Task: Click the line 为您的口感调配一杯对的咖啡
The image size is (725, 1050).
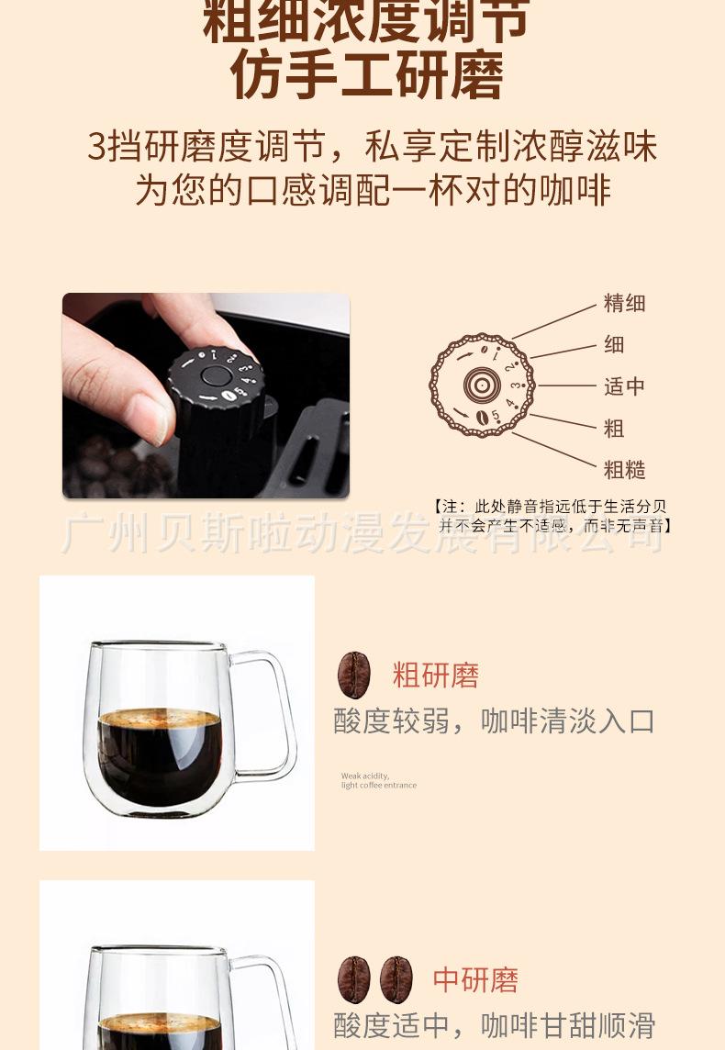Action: tap(373, 190)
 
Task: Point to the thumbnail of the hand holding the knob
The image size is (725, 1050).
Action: tap(206, 396)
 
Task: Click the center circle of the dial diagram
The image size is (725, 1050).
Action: tap(481, 385)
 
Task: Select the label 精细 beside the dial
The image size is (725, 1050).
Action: tap(624, 303)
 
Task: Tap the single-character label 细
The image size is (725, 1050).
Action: tap(614, 344)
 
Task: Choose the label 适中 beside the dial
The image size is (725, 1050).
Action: tap(624, 386)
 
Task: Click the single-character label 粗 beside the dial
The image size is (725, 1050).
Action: tap(614, 428)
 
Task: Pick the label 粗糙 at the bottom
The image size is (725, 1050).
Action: tap(624, 470)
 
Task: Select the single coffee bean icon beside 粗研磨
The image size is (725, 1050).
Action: tap(354, 676)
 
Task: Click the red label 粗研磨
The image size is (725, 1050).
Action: tap(436, 676)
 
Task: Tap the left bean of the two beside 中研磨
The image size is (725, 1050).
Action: tap(354, 979)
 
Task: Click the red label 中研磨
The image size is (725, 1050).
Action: tap(475, 979)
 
